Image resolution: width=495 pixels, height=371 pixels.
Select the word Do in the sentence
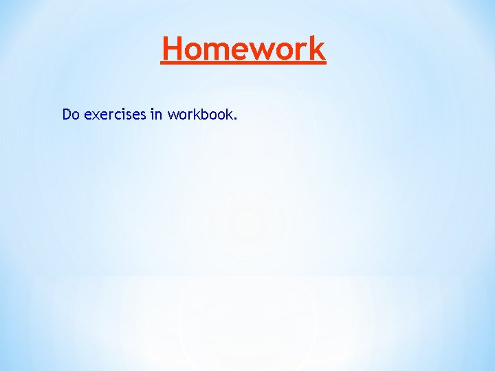[71, 114]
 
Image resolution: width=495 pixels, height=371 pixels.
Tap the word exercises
[114, 114]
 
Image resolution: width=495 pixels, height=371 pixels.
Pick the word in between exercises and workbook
[155, 114]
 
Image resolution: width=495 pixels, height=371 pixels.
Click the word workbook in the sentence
[200, 114]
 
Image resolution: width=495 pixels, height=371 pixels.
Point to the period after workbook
[236, 118]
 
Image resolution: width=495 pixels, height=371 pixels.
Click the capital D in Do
[67, 114]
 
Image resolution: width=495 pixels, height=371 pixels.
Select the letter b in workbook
[203, 114]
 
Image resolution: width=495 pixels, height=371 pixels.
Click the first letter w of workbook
[171, 115]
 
